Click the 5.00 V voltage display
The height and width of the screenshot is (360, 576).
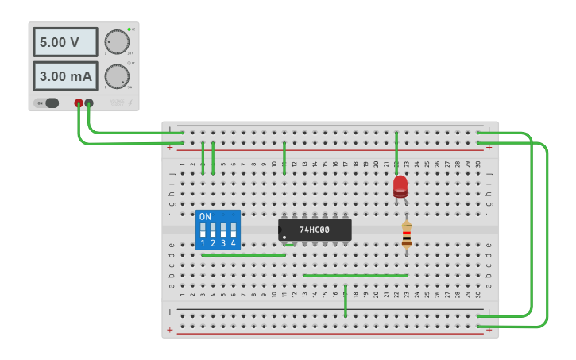(65, 42)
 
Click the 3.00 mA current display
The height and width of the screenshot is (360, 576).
(65, 76)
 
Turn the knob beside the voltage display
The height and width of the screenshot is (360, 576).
(116, 42)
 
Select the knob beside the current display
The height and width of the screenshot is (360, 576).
(116, 76)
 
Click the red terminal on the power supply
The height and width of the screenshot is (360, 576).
(79, 103)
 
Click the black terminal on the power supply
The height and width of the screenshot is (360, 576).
(89, 103)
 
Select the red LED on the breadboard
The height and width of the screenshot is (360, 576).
(400, 186)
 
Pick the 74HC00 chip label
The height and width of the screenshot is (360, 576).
(315, 230)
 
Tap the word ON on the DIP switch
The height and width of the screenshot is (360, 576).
(205, 217)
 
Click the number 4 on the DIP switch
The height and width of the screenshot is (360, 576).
(234, 243)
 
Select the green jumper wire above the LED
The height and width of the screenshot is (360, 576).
(396, 151)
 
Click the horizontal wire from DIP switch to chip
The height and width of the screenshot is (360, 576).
(242, 255)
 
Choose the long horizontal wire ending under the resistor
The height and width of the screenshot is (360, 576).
(355, 276)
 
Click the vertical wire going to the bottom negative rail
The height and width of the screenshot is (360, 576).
(346, 300)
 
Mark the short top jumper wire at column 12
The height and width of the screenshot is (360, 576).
(284, 157)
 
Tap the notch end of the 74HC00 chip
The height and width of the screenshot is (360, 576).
(281, 230)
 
